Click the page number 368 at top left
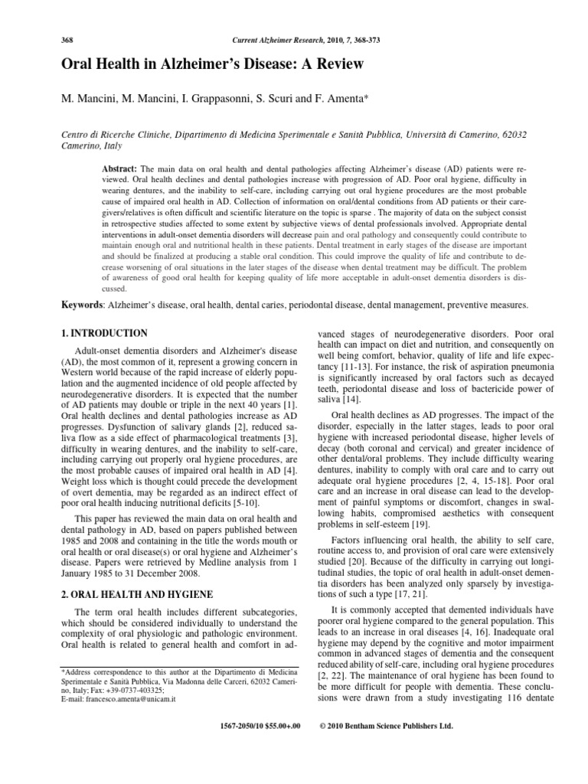tap(67, 39)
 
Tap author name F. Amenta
tap(363, 100)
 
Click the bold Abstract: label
tap(119, 168)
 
